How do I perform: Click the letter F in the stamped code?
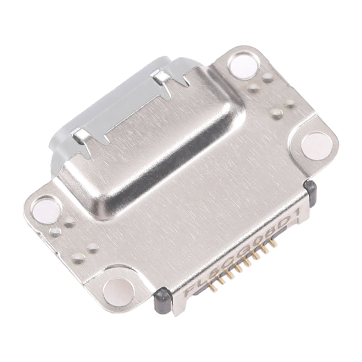click(x=190, y=292)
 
